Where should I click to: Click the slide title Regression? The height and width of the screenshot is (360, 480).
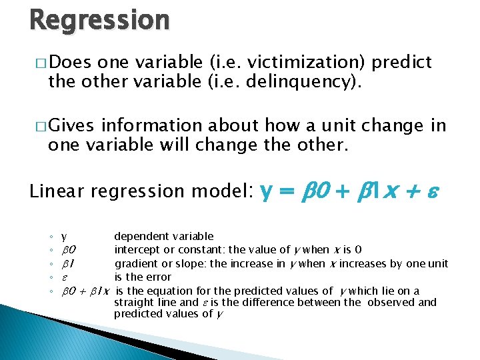[99, 21]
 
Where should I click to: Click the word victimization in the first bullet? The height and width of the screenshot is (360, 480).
[306, 62]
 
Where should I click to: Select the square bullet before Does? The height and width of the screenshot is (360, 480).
[41, 63]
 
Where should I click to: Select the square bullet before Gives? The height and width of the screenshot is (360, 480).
[41, 127]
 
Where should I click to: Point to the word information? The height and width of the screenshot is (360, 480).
[151, 125]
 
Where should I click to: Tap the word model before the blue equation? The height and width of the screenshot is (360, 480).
[222, 191]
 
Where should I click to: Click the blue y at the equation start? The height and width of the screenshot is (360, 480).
[266, 192]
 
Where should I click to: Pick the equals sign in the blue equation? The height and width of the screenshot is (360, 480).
[287, 191]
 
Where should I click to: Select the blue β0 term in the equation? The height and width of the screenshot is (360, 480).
[315, 191]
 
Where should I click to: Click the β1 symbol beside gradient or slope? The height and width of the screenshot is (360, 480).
[68, 264]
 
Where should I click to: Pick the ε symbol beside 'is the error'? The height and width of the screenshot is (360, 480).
[64, 278]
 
